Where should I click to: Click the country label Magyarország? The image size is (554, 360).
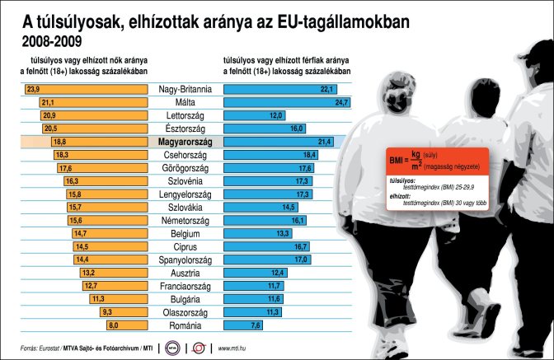point(185,142)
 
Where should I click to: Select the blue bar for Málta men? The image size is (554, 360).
point(280,102)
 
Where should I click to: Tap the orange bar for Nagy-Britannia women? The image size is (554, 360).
point(91,89)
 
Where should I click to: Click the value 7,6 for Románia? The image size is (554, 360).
point(256,325)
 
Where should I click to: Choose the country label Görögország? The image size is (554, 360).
point(185,168)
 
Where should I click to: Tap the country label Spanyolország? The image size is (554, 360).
point(185,259)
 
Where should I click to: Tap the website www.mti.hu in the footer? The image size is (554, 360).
point(235,348)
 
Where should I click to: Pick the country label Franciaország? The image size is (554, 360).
point(185,286)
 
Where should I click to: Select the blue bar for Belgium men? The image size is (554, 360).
point(251,233)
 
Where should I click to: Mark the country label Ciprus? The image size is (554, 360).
point(185,246)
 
